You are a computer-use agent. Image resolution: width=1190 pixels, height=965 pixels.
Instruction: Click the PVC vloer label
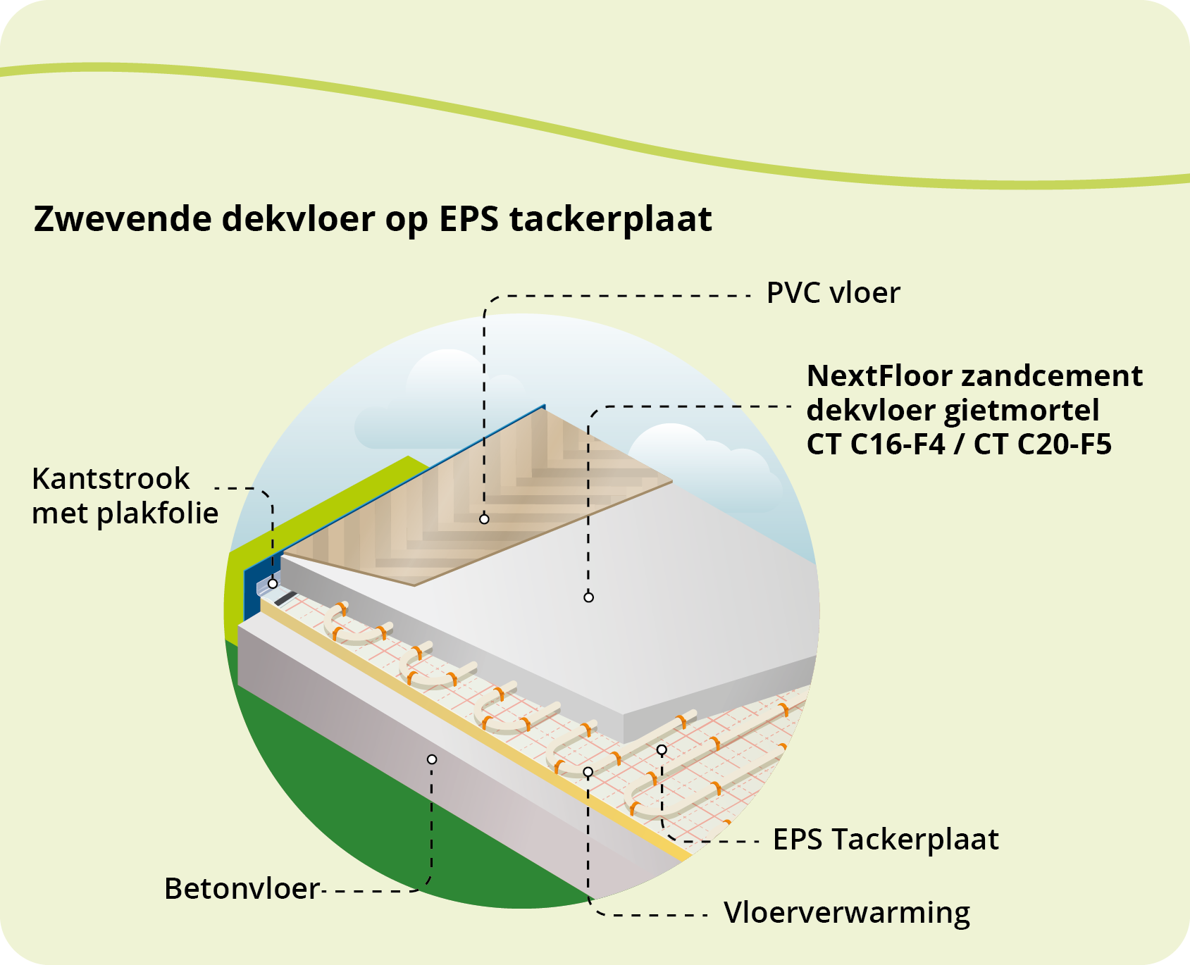pyautogui.click(x=833, y=293)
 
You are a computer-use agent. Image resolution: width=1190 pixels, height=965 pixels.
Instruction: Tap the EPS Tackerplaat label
pyautogui.click(x=886, y=840)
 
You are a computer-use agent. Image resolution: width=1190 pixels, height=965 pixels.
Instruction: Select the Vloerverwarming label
pyautogui.click(x=847, y=913)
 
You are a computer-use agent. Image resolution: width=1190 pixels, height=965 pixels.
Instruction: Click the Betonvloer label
pyautogui.click(x=242, y=889)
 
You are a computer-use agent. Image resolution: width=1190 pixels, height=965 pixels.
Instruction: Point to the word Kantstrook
pyautogui.click(x=111, y=479)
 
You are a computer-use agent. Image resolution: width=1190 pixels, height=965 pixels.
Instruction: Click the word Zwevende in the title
pyautogui.click(x=122, y=219)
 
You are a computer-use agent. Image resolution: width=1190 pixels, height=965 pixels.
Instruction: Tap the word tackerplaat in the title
pyautogui.click(x=610, y=219)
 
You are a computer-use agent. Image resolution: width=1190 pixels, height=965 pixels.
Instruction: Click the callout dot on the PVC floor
pyautogui.click(x=484, y=519)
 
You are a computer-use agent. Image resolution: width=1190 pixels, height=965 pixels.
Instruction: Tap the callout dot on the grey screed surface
pyautogui.click(x=588, y=597)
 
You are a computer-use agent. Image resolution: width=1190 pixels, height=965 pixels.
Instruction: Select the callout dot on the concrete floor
pyautogui.click(x=432, y=759)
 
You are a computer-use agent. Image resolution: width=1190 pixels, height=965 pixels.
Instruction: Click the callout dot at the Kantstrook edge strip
pyautogui.click(x=273, y=584)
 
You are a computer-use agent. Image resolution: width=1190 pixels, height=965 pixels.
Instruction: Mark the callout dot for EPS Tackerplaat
pyautogui.click(x=662, y=750)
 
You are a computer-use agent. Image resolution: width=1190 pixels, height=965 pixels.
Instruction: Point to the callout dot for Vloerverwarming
pyautogui.click(x=588, y=772)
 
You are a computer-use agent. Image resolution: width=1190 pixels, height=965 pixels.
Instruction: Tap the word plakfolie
pyautogui.click(x=158, y=513)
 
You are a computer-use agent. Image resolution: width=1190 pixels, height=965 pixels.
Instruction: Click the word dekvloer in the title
pyautogui.click(x=299, y=219)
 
